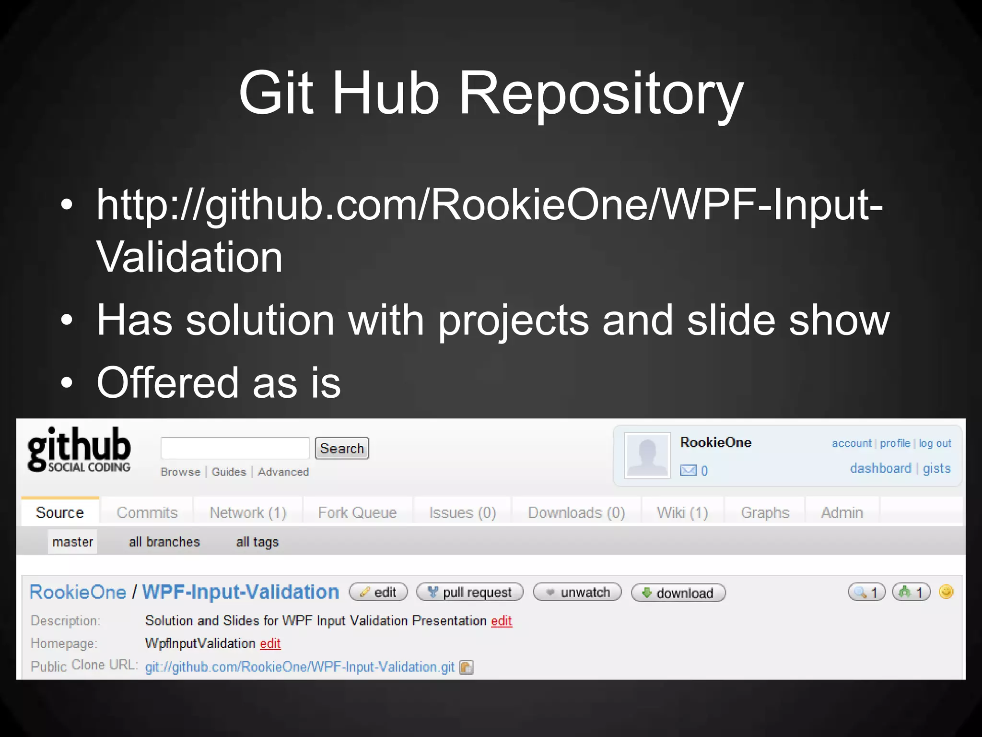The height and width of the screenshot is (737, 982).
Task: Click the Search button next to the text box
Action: tap(342, 448)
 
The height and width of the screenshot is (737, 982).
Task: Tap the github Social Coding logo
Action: tap(79, 450)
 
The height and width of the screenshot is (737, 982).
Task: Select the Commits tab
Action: tap(147, 512)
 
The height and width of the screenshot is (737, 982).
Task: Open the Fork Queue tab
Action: tap(357, 512)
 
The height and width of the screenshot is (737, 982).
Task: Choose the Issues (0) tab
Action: tap(462, 512)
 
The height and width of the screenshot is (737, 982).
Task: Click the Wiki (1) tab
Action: tap(682, 512)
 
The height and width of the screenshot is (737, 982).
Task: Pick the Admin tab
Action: tap(842, 512)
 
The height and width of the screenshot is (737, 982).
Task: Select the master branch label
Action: tap(72, 542)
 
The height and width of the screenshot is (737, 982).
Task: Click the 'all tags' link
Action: tap(257, 542)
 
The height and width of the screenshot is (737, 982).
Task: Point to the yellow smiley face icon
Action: tap(946, 592)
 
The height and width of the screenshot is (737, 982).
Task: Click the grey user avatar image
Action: tap(647, 455)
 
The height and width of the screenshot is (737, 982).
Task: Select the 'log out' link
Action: tap(935, 443)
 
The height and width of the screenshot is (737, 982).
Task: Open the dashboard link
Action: tap(880, 468)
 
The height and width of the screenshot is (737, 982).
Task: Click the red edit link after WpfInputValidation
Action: tap(270, 643)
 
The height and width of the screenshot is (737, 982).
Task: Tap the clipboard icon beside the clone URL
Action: tap(466, 667)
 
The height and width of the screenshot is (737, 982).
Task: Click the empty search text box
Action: tap(235, 448)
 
